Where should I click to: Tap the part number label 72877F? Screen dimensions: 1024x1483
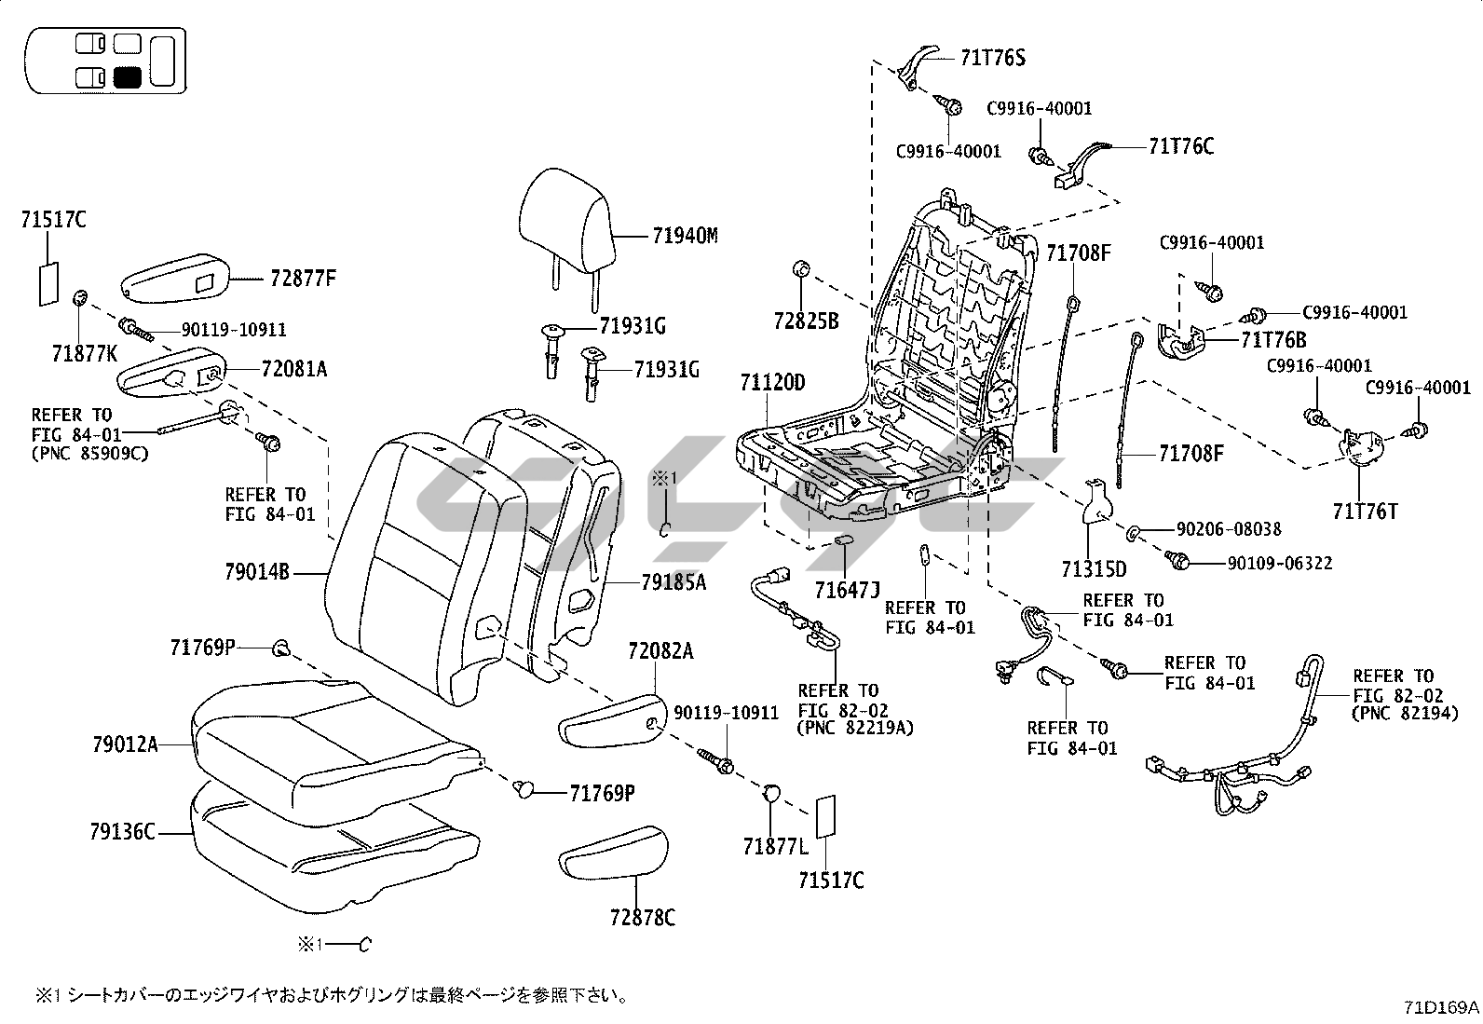[303, 278]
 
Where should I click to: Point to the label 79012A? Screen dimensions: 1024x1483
[125, 744]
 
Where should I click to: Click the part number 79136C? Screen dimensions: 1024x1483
[124, 831]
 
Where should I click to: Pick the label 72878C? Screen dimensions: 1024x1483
[643, 918]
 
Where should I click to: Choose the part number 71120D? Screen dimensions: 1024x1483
[773, 383]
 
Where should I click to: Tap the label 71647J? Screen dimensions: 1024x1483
[847, 589]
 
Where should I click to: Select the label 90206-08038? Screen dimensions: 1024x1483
[1228, 529]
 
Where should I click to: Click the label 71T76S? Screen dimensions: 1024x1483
[993, 59]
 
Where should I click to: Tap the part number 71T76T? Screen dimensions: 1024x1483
[1365, 511]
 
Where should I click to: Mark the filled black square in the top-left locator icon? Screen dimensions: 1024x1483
[127, 76]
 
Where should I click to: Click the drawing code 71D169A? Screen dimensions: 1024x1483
[1442, 1007]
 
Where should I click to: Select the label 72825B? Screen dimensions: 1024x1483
[806, 321]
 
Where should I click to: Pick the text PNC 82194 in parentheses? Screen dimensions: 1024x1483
[1404, 714]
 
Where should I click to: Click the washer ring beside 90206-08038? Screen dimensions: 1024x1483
[1133, 533]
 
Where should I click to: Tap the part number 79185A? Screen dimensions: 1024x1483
[673, 582]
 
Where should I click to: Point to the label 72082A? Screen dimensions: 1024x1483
[660, 651]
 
